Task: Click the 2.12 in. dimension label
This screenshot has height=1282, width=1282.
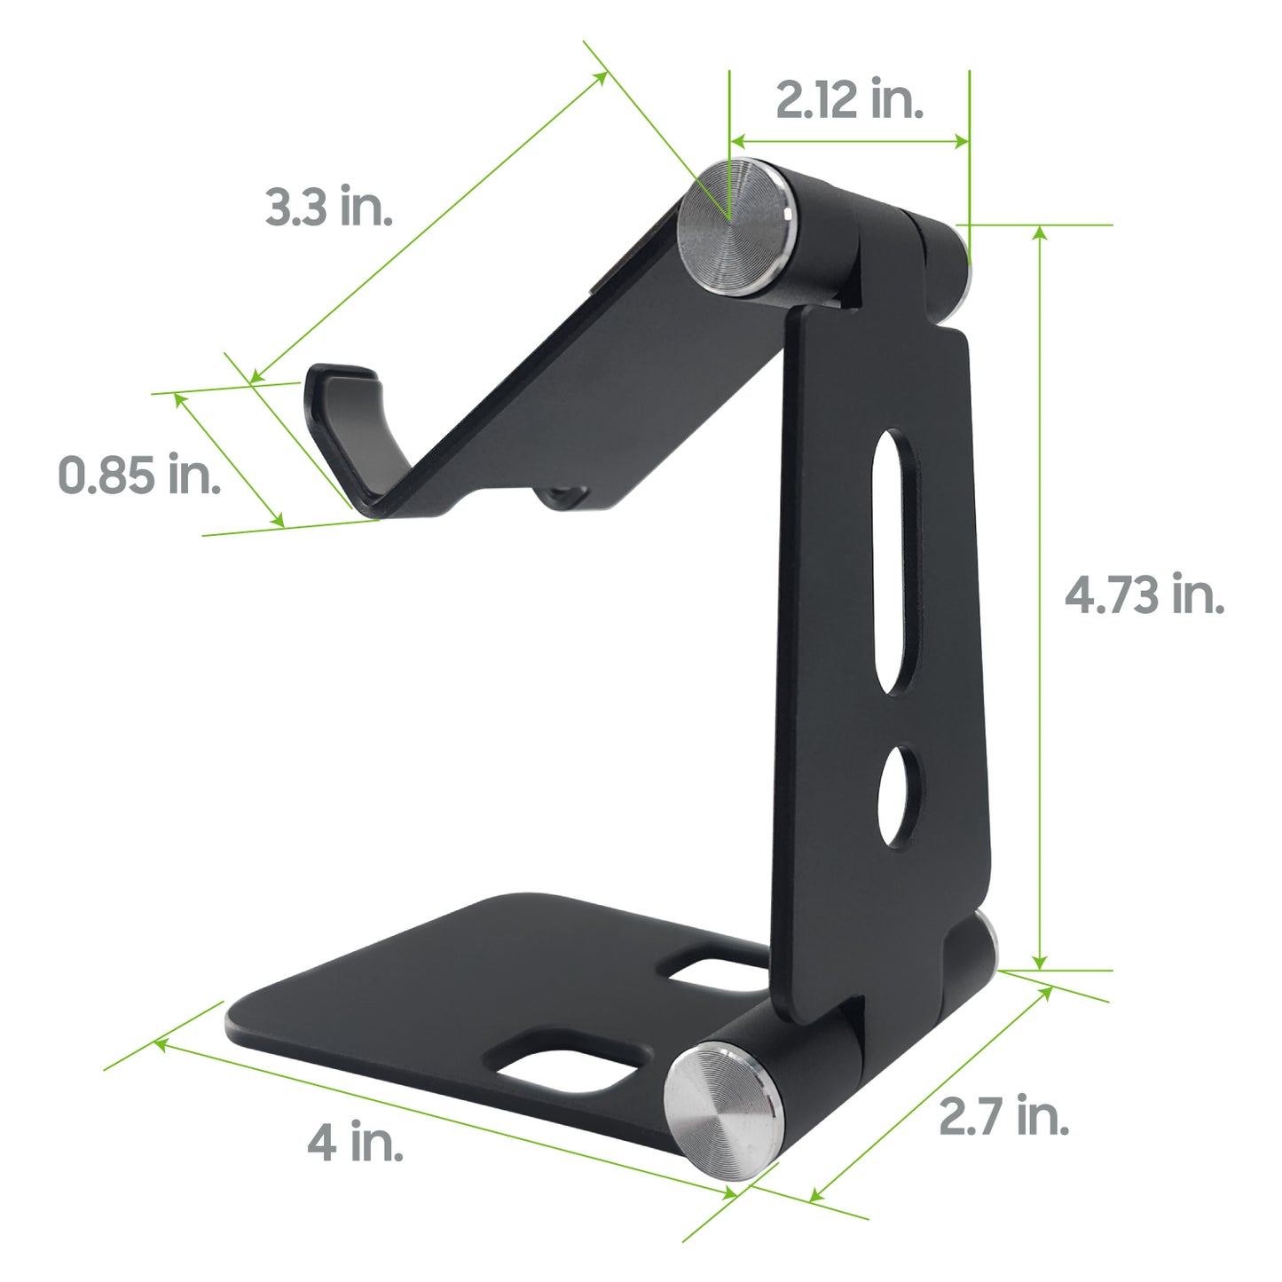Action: click(849, 99)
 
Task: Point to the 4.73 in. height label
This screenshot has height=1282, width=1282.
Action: click(1144, 594)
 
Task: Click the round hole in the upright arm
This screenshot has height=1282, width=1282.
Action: click(900, 796)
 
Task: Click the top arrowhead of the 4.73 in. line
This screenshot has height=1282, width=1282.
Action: click(1041, 232)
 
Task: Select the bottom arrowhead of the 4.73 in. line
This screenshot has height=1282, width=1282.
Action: click(1041, 963)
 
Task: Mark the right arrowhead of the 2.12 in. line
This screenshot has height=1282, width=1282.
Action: click(962, 141)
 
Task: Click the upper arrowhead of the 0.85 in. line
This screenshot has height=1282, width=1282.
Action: click(179, 398)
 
